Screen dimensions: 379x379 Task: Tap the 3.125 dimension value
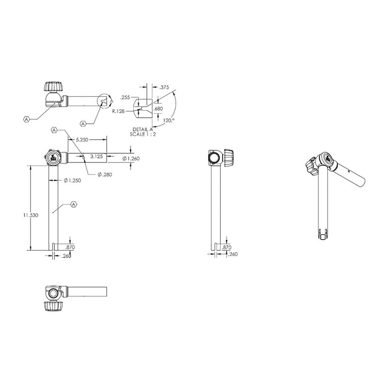coord(96,155)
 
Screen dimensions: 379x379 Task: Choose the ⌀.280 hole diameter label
coord(105,175)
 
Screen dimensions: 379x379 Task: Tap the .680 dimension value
coord(158,108)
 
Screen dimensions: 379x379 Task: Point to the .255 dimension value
coord(125,97)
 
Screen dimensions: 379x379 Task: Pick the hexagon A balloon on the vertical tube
coord(73,204)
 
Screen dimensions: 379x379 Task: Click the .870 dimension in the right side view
coord(226,247)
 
